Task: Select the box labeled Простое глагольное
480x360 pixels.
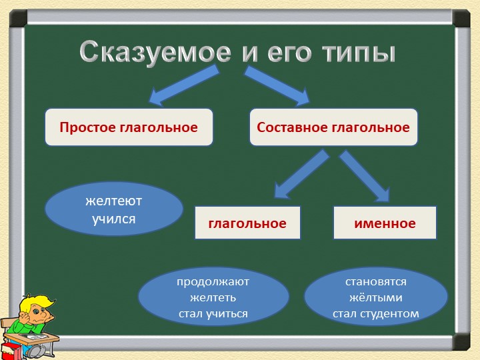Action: (129, 127)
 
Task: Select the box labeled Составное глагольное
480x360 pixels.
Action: (333, 127)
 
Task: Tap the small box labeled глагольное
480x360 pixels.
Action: (247, 223)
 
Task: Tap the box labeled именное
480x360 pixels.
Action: (385, 223)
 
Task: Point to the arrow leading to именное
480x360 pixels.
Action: (365, 177)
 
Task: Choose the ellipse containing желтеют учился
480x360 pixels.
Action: (114, 209)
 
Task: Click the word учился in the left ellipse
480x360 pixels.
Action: (114, 218)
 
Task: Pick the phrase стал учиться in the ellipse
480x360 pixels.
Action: (213, 313)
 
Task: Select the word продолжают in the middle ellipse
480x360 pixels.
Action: (213, 281)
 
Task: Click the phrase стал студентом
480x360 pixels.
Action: (376, 313)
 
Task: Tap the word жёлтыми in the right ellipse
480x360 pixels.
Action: (376, 297)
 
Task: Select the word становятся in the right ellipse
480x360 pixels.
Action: (376, 281)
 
